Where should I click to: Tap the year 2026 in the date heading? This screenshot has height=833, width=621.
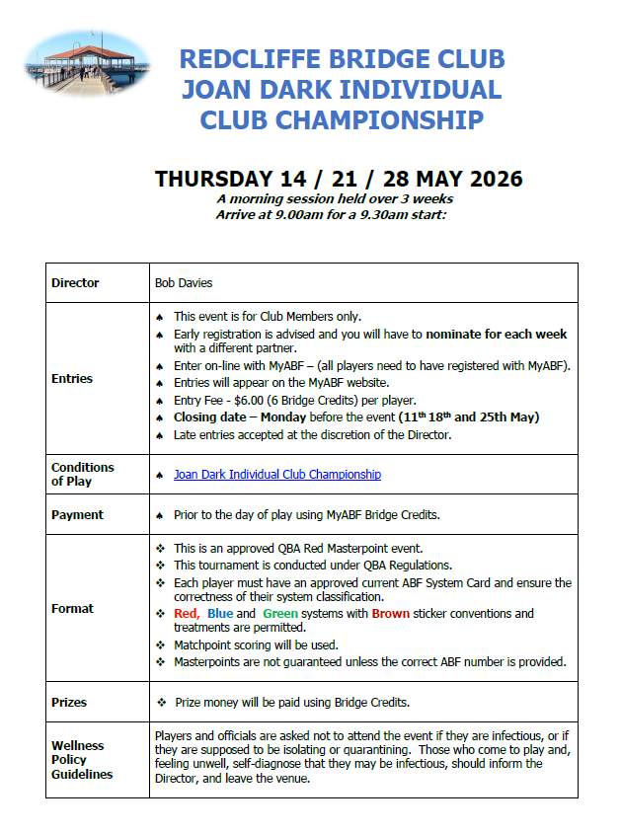click(488, 179)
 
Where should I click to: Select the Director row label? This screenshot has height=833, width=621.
click(75, 283)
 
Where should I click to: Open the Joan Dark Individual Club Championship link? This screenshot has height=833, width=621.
click(277, 475)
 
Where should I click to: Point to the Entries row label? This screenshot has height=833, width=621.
click(72, 378)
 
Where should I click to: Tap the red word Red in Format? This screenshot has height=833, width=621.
click(187, 614)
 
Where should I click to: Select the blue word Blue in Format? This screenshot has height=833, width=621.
click(220, 614)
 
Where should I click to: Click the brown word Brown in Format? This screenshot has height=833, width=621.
click(391, 614)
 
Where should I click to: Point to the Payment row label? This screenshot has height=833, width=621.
click(77, 515)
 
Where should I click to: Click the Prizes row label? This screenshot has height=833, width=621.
click(69, 703)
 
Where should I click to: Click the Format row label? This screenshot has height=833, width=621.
click(72, 609)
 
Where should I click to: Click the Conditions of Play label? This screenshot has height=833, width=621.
click(83, 475)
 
